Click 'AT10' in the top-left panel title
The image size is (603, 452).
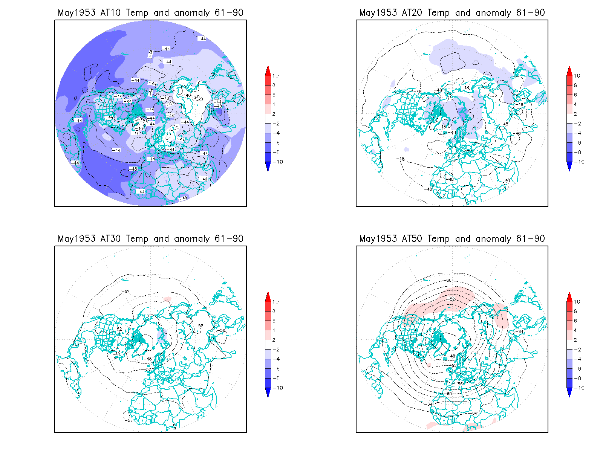point(110,13)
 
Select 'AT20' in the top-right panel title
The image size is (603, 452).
point(412,13)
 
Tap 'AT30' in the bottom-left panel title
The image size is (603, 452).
point(110,239)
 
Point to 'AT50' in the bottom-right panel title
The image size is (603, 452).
point(412,239)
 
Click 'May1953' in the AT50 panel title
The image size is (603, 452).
point(378,239)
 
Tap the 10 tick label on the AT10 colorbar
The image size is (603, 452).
point(275,76)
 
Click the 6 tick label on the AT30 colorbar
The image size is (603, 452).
point(274,321)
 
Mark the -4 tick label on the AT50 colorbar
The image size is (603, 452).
point(577,359)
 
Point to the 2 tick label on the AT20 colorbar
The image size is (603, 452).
point(575,114)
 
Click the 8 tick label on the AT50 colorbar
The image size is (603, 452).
point(575,311)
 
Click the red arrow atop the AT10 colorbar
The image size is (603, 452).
point(268,70)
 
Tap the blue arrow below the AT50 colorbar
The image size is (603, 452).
point(569,392)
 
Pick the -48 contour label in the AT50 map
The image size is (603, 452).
point(453,356)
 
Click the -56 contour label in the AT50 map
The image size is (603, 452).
point(460,384)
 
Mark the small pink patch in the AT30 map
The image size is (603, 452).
point(167,299)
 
